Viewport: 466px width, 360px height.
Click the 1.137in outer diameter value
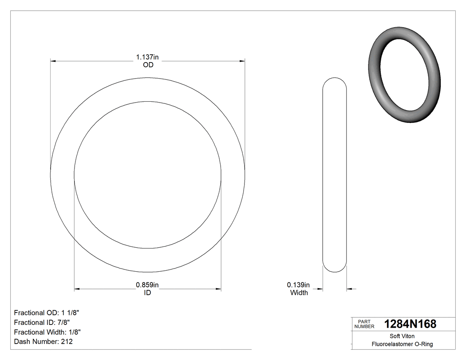point(147,57)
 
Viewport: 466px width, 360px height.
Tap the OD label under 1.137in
point(148,65)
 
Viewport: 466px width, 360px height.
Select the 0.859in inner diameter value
point(147,285)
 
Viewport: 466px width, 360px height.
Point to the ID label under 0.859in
point(147,293)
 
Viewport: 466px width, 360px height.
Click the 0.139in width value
point(298,285)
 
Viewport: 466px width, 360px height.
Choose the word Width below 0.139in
point(299,293)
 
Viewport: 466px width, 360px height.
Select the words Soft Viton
point(402,336)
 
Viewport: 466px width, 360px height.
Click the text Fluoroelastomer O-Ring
point(402,344)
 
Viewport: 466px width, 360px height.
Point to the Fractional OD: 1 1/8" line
point(47,313)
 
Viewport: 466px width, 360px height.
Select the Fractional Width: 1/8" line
point(47,332)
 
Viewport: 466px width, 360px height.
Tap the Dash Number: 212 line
point(43,342)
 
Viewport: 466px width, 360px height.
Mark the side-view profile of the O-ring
point(334,175)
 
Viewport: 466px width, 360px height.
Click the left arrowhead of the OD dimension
point(53,61)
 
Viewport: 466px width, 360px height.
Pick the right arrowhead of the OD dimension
point(242,61)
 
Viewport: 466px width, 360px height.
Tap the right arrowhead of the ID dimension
point(218,289)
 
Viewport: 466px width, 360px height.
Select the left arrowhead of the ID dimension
point(77,289)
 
